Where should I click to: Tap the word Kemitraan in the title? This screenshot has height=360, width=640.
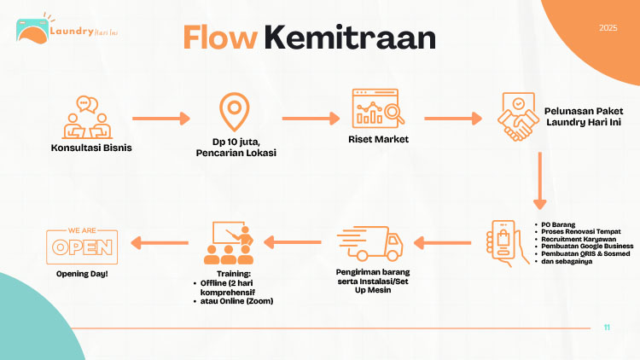point(349,37)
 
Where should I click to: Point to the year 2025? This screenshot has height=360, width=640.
point(608,28)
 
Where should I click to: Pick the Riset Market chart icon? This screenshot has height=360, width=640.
point(376,110)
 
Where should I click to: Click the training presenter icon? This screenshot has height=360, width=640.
point(228,243)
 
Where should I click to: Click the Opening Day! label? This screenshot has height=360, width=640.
point(83,274)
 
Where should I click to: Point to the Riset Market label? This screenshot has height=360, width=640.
point(378,139)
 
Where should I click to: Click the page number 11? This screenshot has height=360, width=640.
point(607,328)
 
